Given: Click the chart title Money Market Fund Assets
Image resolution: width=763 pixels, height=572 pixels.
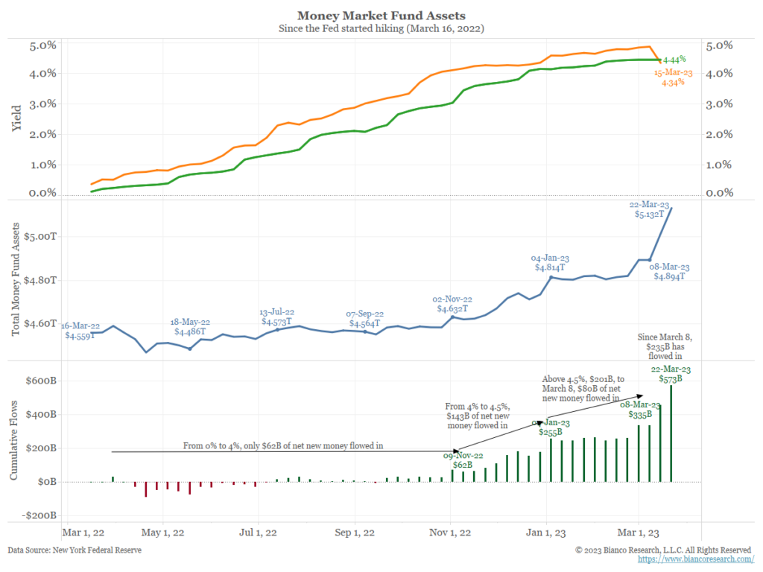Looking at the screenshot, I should (x=381, y=15).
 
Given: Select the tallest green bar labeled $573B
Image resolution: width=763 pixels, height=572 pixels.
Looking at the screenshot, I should (x=672, y=432).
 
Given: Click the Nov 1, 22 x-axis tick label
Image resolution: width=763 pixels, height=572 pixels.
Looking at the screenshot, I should (x=449, y=533).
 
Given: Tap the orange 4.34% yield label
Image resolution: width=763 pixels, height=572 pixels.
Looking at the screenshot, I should (x=670, y=77).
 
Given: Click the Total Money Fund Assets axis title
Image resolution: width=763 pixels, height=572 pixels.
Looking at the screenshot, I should (x=16, y=279).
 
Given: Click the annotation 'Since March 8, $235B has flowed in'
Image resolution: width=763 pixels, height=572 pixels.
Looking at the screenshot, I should (x=669, y=346).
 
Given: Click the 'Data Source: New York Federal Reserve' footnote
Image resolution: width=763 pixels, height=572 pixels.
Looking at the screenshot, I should (x=75, y=550).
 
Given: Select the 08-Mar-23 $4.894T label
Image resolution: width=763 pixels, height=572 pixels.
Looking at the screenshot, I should (x=669, y=271).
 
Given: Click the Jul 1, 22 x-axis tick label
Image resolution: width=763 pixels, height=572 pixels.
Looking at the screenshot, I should (x=259, y=533).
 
